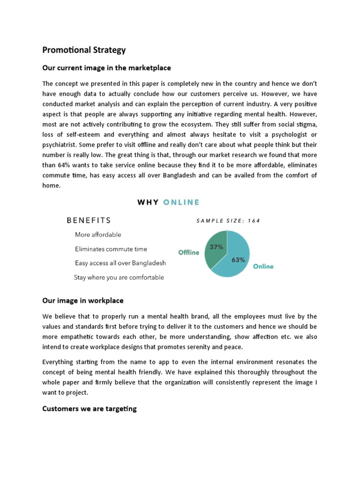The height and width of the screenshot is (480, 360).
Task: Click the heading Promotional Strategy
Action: pyautogui.click(x=84, y=50)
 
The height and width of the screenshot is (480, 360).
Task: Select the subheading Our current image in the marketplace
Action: pyautogui.click(x=106, y=68)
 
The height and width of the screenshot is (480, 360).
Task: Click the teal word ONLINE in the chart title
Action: pyautogui.click(x=181, y=202)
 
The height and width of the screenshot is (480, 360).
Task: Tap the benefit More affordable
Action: pyautogui.click(x=97, y=234)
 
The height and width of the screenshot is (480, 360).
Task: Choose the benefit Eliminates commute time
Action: pyautogui.click(x=111, y=249)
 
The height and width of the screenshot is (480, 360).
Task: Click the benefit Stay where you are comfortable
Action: pyautogui.click(x=119, y=277)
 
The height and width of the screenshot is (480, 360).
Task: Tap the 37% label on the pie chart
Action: pyautogui.click(x=216, y=247)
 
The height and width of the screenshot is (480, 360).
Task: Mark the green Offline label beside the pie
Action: pyautogui.click(x=188, y=252)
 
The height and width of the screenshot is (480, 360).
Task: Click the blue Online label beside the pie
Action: pyautogui.click(x=263, y=266)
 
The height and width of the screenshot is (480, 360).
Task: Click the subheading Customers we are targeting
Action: pyautogui.click(x=89, y=409)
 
